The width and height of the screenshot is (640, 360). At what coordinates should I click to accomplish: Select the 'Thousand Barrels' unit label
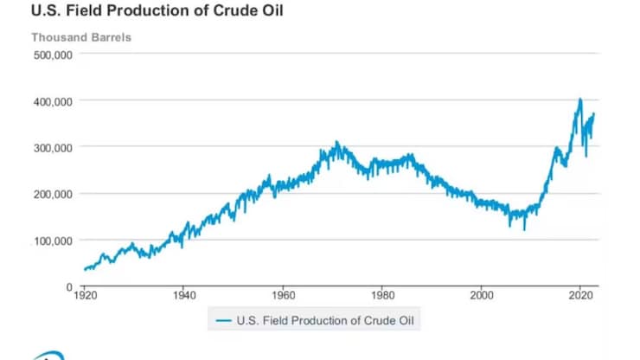click(x=81, y=37)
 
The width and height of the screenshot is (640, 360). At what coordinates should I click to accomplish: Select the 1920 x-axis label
click(x=85, y=294)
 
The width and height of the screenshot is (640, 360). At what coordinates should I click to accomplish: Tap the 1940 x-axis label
click(x=183, y=294)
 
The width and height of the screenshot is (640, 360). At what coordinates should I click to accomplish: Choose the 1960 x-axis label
click(x=283, y=294)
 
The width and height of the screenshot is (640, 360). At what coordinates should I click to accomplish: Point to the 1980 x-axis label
click(x=381, y=294)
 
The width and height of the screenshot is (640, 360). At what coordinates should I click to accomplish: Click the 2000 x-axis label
click(x=481, y=294)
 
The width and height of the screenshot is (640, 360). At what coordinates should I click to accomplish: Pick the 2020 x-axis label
click(x=579, y=294)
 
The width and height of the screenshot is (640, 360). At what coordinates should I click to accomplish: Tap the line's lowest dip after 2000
click(x=524, y=228)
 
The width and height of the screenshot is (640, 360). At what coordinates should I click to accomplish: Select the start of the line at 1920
click(x=85, y=269)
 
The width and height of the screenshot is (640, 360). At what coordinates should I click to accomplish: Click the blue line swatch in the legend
click(x=223, y=320)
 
